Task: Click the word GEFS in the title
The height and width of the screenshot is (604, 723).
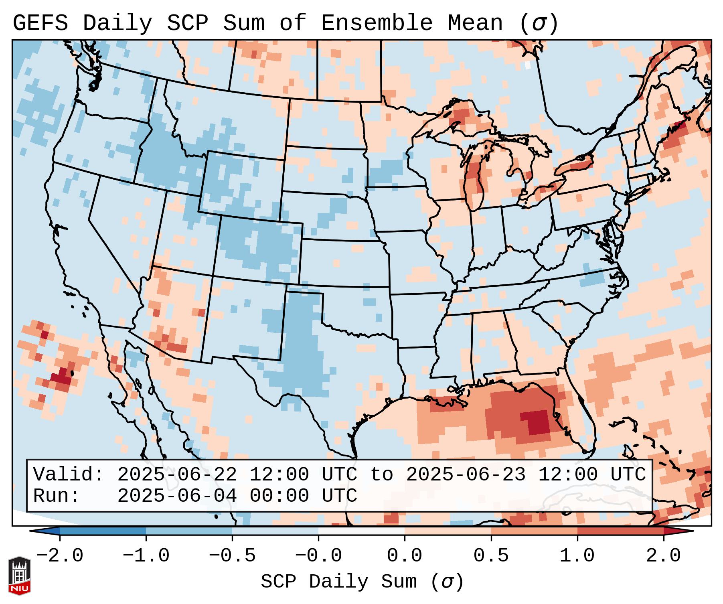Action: (x=40, y=23)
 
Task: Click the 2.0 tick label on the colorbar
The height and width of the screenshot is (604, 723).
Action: (x=663, y=556)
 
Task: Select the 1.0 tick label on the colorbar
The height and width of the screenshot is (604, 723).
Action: (x=577, y=556)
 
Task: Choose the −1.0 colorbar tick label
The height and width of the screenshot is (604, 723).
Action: (x=146, y=556)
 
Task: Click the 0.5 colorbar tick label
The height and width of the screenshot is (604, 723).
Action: (x=491, y=556)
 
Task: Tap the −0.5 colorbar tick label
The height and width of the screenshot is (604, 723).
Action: (x=232, y=556)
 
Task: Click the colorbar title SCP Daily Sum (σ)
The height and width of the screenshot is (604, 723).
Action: (x=362, y=582)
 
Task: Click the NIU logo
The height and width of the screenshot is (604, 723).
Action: (x=19, y=576)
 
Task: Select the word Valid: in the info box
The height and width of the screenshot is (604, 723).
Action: (x=69, y=475)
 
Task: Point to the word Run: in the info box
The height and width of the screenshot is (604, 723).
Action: (x=57, y=496)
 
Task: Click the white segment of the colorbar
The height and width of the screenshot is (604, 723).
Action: (x=361, y=531)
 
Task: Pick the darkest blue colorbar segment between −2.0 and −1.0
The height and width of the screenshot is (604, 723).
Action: (x=103, y=531)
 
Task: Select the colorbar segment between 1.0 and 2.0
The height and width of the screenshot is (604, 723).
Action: (x=620, y=531)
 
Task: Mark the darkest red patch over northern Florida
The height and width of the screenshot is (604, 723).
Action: (x=537, y=422)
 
